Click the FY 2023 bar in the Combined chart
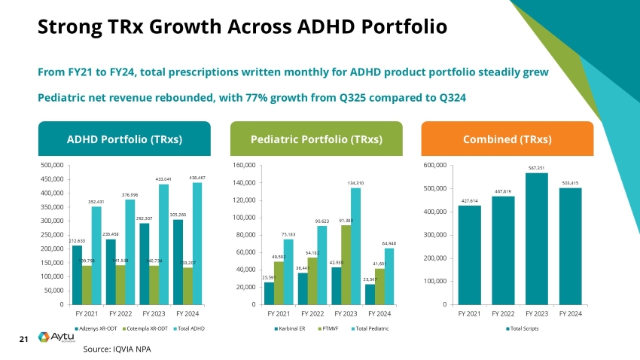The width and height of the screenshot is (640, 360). pos(537,241)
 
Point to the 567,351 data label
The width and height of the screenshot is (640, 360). pos(537,169)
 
